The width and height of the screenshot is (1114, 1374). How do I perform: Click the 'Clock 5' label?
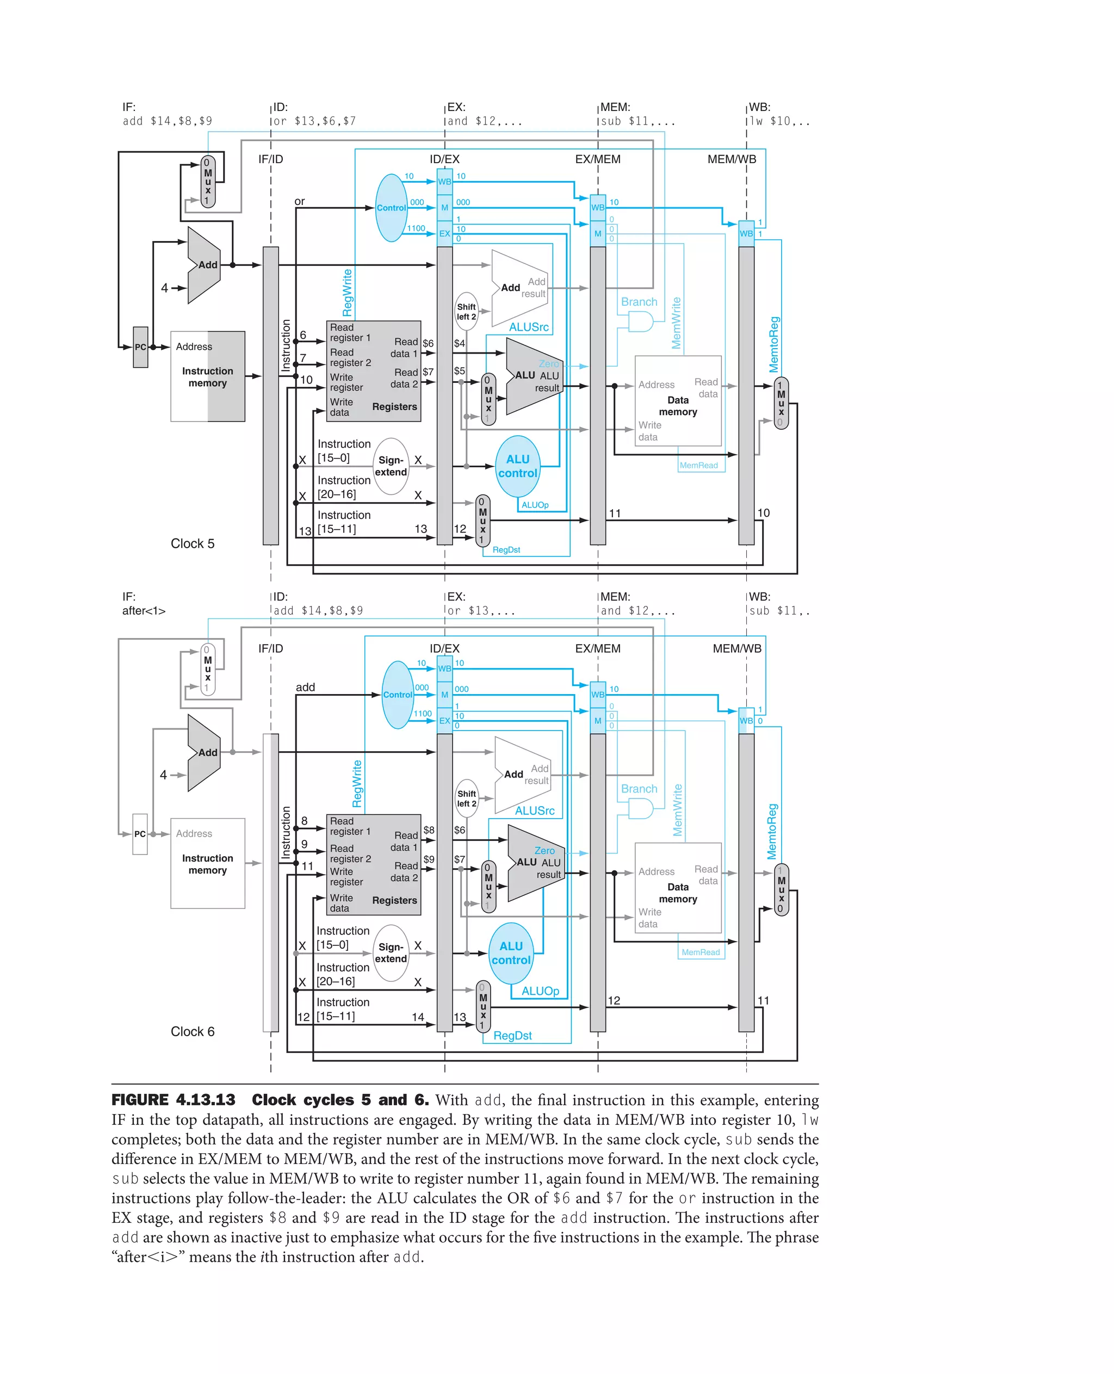click(x=192, y=543)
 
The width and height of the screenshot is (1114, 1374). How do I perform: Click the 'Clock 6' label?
click(x=192, y=1031)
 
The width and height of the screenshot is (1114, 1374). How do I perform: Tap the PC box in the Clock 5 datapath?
click(x=140, y=347)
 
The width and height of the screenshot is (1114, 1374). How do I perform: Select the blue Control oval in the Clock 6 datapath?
click(x=397, y=695)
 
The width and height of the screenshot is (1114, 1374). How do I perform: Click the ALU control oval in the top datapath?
click(x=517, y=467)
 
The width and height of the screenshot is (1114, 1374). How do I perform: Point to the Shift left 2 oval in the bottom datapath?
click(x=467, y=799)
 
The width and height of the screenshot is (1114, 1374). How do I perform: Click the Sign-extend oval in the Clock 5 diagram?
click(x=391, y=466)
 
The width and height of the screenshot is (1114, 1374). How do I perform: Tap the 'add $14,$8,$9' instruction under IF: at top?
click(x=167, y=121)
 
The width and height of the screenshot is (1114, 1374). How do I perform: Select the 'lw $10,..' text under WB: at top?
click(x=779, y=121)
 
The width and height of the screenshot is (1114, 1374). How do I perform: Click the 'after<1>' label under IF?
click(x=144, y=611)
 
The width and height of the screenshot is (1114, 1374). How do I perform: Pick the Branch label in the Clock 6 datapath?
click(x=639, y=789)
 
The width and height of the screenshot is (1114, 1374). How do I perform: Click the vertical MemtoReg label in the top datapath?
click(x=774, y=345)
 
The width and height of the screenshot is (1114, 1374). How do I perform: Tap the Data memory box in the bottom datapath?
click(x=678, y=888)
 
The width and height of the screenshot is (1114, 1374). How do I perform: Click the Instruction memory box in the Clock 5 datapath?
click(x=207, y=377)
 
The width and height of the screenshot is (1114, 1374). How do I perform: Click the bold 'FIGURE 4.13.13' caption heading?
click(x=174, y=1100)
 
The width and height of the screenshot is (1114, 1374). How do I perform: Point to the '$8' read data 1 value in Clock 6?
click(x=429, y=830)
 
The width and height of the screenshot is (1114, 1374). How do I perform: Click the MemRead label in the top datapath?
click(x=698, y=465)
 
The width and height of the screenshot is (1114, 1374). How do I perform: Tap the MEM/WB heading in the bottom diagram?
click(x=737, y=648)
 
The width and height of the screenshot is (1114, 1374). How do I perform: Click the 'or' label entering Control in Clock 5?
click(x=299, y=201)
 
